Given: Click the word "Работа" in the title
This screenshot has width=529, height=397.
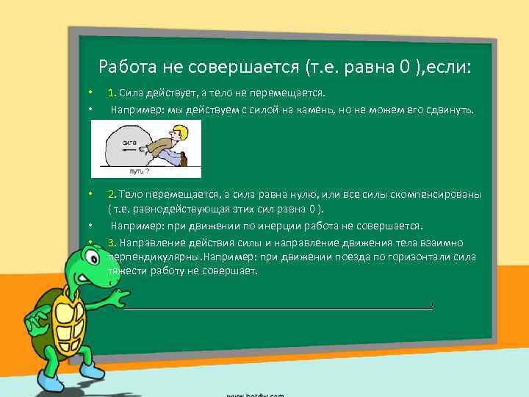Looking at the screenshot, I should (126, 68).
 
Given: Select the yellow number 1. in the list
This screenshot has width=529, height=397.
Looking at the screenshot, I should (111, 93).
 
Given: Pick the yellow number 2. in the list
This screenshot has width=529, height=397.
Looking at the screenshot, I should (111, 195).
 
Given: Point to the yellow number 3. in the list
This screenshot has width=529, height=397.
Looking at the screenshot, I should (111, 243).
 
